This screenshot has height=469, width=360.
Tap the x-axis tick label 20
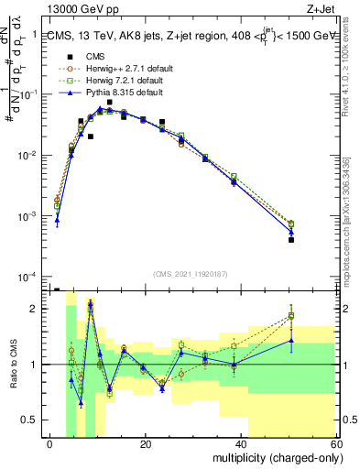pos(146,444)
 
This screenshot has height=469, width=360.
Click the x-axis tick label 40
pos(241,444)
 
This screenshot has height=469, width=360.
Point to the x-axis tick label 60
pos(335,444)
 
